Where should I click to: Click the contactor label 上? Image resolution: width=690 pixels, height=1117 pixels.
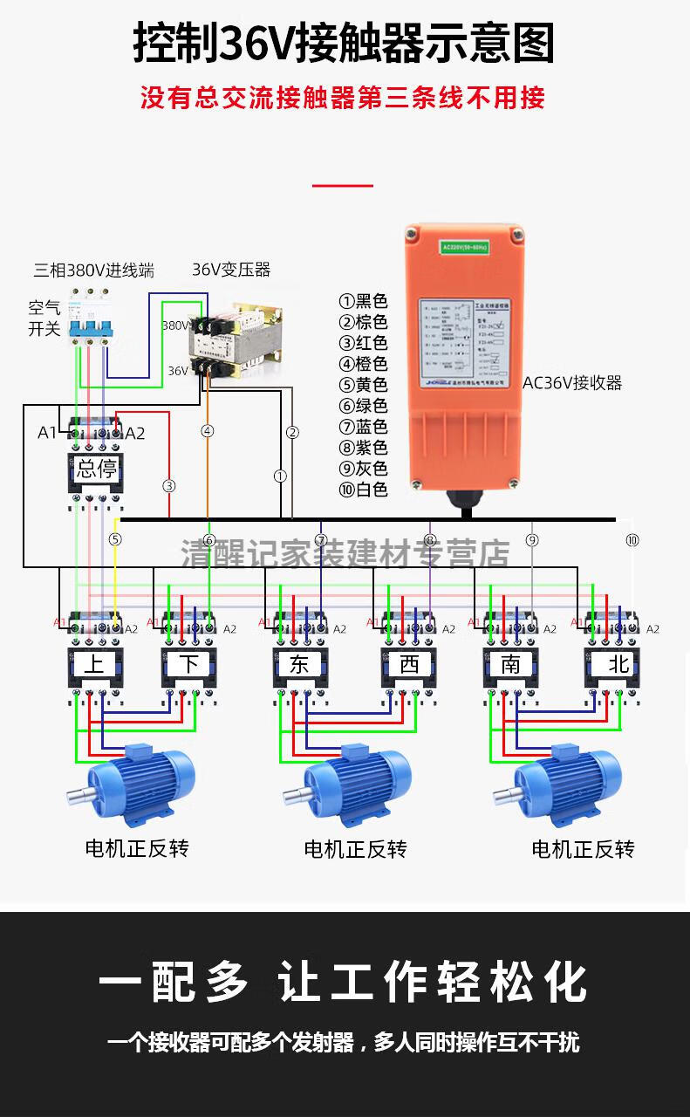point(95,664)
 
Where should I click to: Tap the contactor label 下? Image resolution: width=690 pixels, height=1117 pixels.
point(189,664)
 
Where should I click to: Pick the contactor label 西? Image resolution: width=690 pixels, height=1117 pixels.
point(409,664)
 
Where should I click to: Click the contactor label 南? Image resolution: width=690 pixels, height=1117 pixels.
point(511,664)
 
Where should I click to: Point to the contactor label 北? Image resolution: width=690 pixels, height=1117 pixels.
point(618,664)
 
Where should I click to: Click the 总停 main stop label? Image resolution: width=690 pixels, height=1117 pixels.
point(96,469)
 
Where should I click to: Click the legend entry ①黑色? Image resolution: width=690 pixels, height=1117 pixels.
point(363,301)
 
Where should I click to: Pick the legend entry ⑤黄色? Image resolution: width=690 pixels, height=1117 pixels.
point(363,385)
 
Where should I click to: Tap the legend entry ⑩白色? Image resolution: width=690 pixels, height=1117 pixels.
point(363,490)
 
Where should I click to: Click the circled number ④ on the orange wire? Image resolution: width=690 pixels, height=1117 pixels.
point(208,430)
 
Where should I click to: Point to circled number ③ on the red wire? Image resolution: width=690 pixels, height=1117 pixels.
point(169,485)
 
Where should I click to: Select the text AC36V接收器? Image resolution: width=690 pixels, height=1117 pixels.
point(572,382)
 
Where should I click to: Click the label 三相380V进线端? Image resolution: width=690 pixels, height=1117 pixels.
point(93,270)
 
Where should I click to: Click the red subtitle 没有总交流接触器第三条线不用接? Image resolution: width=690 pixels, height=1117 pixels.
point(343,97)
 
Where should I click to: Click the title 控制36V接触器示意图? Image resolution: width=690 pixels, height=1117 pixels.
point(344,44)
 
